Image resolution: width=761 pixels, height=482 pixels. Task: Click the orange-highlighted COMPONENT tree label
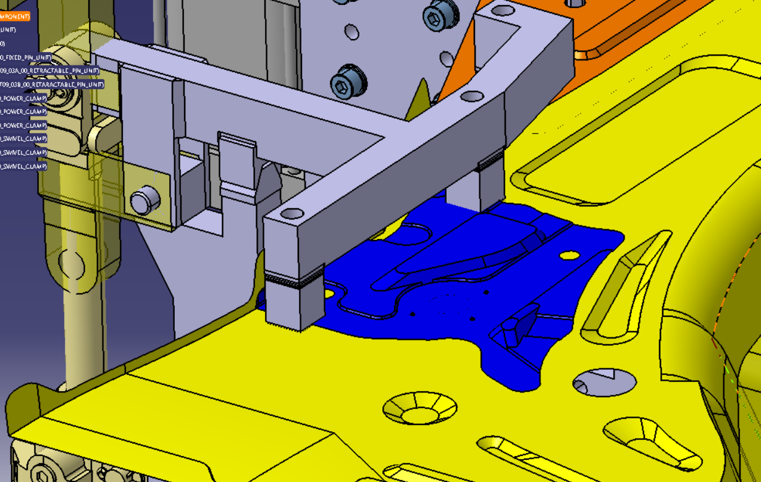coord(15,16)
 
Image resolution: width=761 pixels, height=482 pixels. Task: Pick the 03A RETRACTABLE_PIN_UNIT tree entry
coord(49,70)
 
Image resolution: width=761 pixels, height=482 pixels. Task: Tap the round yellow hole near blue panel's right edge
coord(570,255)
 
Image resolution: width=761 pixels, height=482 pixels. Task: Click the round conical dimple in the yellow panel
coord(420,408)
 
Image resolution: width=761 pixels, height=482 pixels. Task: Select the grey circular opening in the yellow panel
coord(603,383)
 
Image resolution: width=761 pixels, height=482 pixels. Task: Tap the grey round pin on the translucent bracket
coord(145,201)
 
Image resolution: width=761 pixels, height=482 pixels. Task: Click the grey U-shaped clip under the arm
coord(238,167)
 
